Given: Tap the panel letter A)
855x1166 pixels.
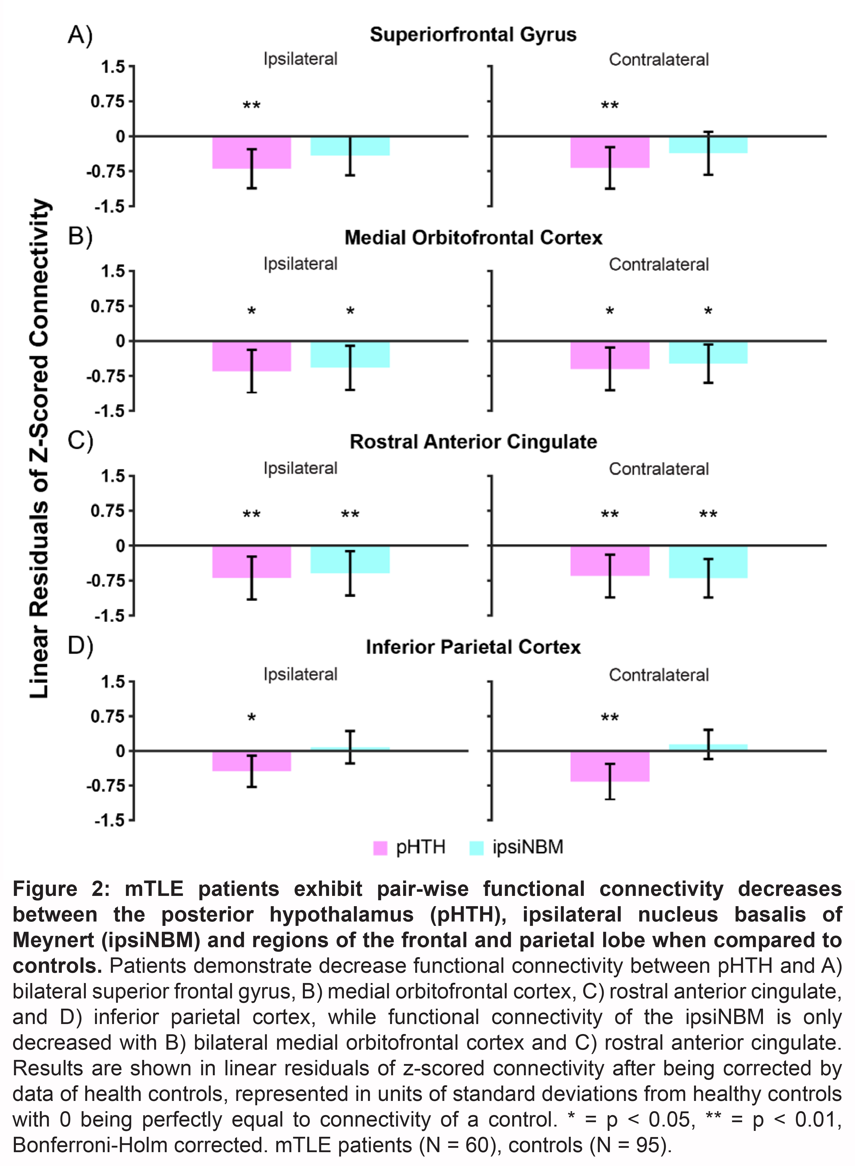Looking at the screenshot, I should tap(80, 35).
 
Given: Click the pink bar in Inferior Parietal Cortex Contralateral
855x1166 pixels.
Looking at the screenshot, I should tap(590, 766).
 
